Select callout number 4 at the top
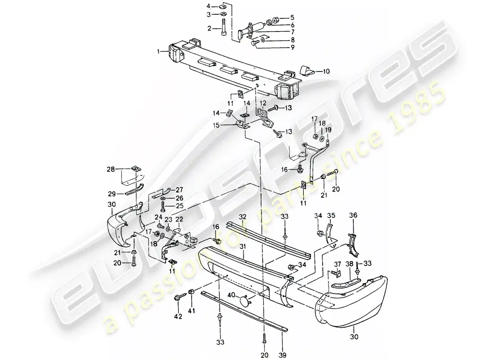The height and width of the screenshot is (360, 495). point(208,6)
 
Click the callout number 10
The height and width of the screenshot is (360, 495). point(326,71)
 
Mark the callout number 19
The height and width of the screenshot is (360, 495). point(328,130)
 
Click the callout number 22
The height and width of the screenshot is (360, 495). point(179,219)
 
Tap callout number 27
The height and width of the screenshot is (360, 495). point(180,189)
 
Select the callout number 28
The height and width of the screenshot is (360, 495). point(110,169)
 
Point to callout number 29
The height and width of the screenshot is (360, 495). point(112,194)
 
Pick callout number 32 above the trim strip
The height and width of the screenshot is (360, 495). point(243,216)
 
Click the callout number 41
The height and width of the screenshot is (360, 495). point(191,310)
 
